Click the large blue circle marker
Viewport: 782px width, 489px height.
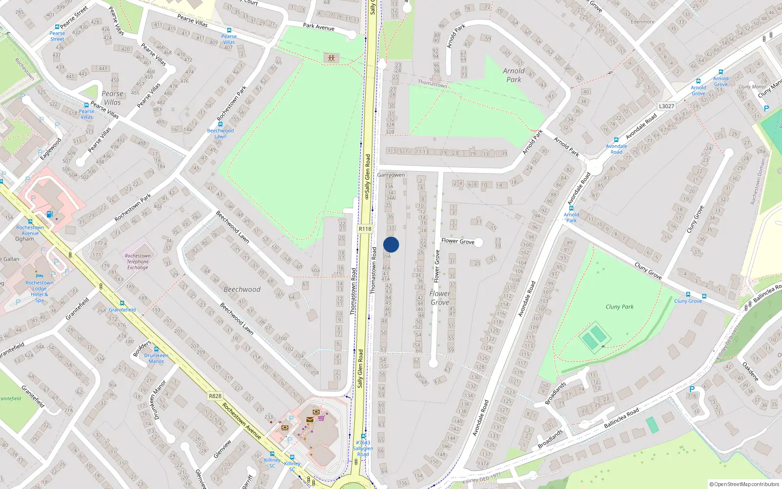pos(391,244)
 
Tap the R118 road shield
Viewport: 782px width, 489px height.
pos(365,228)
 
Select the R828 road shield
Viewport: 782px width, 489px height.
pos(215,396)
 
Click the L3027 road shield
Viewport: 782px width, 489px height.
pos(666,106)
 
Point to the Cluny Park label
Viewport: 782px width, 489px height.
pos(619,307)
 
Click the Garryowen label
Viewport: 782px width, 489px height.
pos(391,175)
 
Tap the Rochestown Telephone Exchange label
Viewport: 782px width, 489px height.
pos(138,262)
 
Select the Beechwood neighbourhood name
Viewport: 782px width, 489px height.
pos(242,289)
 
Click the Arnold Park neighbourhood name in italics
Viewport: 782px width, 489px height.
pos(514,75)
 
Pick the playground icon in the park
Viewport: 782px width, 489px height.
pos(331,58)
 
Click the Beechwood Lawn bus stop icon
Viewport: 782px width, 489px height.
pos(220,124)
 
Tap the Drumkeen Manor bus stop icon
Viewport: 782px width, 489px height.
pos(156,349)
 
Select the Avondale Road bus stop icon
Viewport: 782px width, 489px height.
pos(616,140)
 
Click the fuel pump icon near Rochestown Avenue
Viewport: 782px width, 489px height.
pos(49,214)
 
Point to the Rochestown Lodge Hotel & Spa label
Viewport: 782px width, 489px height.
pos(40,291)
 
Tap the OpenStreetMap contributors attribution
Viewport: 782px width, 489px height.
pos(744,485)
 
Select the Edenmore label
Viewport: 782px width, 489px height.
pos(642,22)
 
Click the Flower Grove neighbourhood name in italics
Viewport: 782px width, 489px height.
pos(440,298)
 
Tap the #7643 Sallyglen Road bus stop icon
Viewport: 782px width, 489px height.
pos(363,436)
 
